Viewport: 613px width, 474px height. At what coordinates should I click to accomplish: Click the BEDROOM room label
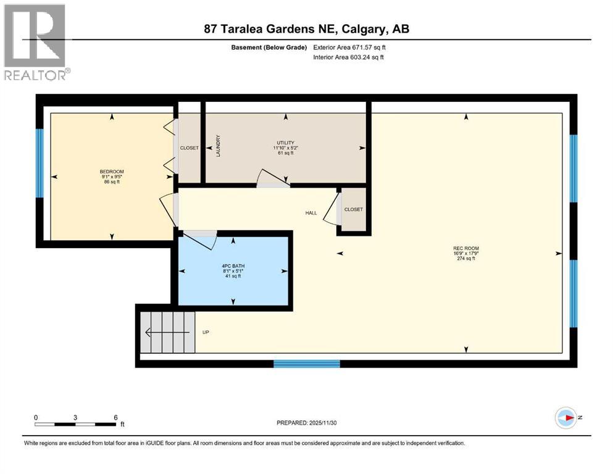point(112,172)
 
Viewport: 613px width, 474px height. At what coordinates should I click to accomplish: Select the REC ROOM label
point(466,248)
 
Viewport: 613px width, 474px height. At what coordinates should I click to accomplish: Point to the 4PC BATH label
point(233,266)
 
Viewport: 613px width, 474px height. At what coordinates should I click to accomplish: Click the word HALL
point(311,213)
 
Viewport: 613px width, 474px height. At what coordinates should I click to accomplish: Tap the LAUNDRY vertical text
point(218,146)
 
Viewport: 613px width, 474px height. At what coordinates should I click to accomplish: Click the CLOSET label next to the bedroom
point(189,148)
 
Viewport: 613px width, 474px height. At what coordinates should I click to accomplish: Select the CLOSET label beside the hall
point(354,209)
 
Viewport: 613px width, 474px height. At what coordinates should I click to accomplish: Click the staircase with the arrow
point(167,332)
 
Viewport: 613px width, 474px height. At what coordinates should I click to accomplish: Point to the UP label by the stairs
point(206,332)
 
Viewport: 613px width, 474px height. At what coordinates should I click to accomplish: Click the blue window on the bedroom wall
point(40,162)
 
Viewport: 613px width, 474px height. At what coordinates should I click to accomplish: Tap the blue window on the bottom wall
point(307,364)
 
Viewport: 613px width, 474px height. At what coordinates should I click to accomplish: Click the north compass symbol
point(565,418)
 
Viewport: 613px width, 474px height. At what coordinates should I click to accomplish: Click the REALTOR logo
point(36,42)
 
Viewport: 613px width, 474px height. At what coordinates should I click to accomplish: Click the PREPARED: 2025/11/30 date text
point(307,423)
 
